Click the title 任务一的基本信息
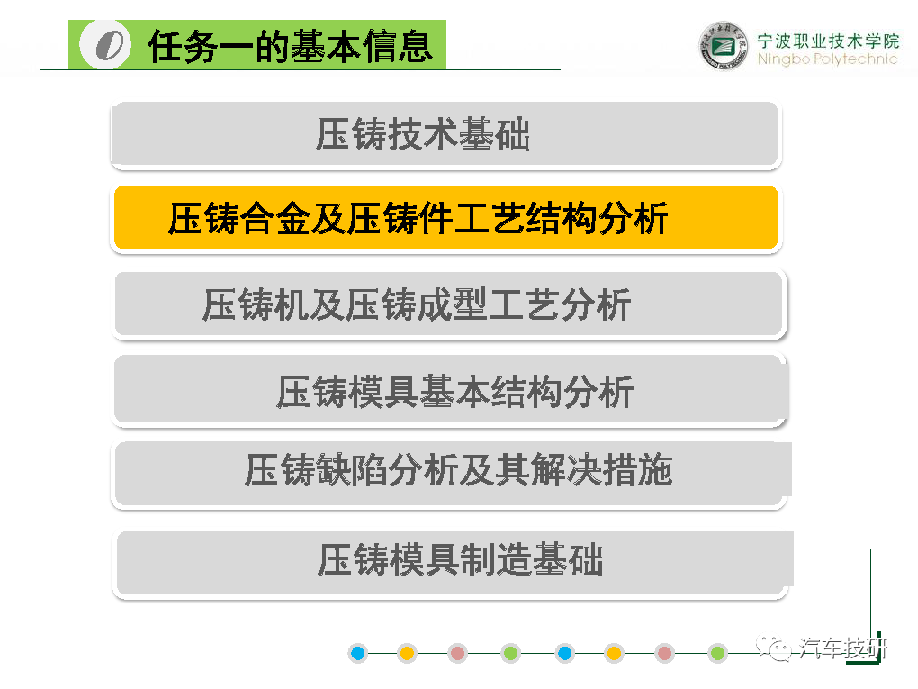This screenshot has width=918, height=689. [291, 46]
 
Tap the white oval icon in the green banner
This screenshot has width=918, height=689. [105, 44]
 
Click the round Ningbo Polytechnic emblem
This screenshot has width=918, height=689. [724, 46]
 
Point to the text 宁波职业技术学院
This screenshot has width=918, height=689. [828, 41]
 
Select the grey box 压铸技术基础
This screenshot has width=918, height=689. [445, 134]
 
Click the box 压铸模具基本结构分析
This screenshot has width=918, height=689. [450, 391]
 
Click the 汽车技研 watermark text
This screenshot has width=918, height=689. [843, 648]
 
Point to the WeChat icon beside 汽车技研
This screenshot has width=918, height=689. [774, 647]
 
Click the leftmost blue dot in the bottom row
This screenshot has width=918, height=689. [357, 653]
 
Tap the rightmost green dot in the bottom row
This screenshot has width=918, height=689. [717, 653]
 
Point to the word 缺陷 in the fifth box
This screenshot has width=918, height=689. [351, 470]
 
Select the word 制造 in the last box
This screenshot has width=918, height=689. [496, 559]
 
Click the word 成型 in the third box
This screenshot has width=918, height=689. [452, 304]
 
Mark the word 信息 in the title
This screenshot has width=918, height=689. [398, 46]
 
